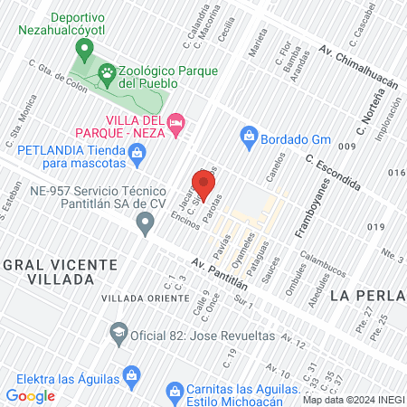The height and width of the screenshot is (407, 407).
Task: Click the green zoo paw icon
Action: [x=108, y=70]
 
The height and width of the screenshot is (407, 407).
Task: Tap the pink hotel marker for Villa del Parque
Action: [x=176, y=120]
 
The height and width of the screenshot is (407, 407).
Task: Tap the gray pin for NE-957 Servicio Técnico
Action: [x=145, y=224]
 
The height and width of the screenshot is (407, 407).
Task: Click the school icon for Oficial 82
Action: [x=118, y=333]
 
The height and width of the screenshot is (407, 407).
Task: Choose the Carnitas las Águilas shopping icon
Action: [x=175, y=390]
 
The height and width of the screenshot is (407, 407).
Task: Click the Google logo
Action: [x=31, y=396]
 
